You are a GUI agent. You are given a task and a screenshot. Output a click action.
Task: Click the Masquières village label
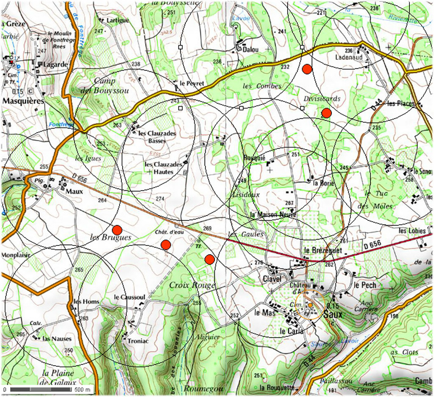pyautogui.click(x=23, y=101)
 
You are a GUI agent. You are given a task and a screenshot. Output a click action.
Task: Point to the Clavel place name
pyautogui.click(x=272, y=279)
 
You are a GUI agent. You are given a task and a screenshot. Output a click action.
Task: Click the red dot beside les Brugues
pyautogui.click(x=117, y=230)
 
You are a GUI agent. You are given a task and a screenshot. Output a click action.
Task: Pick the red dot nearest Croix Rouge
pyautogui.click(x=209, y=259)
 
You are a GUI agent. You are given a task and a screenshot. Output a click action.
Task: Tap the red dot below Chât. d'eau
pyautogui.click(x=166, y=245)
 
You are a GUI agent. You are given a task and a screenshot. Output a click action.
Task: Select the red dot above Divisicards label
pyautogui.click(x=307, y=68)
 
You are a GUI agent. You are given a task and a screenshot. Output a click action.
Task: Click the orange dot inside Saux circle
pyautogui.click(x=310, y=305)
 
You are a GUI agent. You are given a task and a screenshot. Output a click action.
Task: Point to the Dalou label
pyautogui.click(x=250, y=50)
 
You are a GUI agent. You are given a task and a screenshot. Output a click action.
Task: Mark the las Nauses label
pyautogui.click(x=57, y=339)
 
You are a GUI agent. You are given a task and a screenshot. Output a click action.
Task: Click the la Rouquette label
pyautogui.click(x=277, y=388)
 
